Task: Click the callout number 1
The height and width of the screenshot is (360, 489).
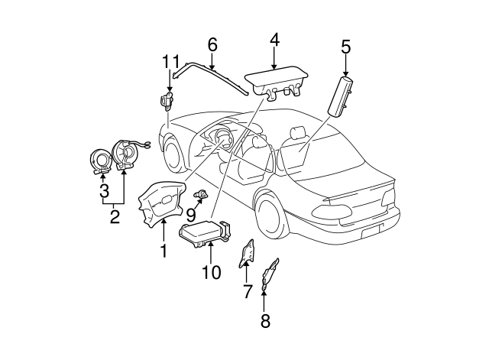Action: click(163, 249)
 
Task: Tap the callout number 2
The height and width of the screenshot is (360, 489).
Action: click(115, 216)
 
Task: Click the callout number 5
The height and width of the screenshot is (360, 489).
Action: click(345, 47)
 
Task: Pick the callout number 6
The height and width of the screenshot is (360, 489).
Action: click(212, 44)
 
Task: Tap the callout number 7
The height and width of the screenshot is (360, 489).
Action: click(247, 290)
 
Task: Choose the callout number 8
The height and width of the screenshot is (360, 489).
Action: click(265, 321)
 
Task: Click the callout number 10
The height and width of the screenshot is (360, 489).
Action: click(210, 271)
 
